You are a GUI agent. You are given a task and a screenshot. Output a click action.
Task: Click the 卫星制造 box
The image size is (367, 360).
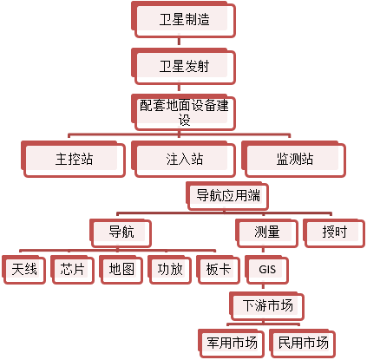pos(184,20)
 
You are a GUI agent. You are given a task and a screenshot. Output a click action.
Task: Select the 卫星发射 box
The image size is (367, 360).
pos(184,67)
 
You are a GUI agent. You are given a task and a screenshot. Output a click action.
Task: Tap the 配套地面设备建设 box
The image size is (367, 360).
pos(184,112)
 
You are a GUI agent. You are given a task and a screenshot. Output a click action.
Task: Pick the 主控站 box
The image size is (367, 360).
pos(74,159)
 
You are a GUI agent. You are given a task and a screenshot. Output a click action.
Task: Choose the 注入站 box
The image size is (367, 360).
pos(184,159)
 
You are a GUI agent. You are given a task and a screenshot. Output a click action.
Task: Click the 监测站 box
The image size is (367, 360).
pos(294,159)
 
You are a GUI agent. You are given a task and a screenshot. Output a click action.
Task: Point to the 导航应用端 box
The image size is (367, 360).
pos(227,196)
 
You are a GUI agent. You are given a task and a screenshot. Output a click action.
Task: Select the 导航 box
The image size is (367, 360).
pos(121,233)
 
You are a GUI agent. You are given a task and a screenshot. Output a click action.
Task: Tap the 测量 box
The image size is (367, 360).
pos(266,233)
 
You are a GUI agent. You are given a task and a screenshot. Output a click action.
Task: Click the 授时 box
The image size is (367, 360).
pos(334,233)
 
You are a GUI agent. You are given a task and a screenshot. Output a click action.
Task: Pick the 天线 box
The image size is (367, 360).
pos(24,270)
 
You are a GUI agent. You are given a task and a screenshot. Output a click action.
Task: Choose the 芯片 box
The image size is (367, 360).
pos(72,270)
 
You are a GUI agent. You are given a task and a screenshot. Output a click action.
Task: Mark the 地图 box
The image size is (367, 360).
pos(121,270)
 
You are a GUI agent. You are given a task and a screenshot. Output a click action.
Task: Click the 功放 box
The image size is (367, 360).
pos(170,270)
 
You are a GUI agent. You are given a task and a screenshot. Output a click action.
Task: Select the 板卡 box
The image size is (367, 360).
pos(219,270)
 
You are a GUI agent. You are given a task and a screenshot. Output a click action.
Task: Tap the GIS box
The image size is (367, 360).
pos(267,270)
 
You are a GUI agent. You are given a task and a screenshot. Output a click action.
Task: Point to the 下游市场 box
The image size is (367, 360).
pos(267,306)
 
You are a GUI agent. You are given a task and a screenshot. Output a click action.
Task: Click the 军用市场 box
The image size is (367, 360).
pos(232,343)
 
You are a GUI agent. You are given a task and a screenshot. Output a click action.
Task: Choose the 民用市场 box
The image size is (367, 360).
pos(303,343)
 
